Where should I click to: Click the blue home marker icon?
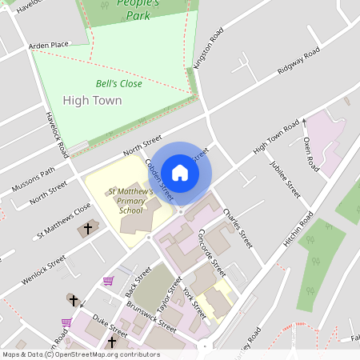coord(180,172)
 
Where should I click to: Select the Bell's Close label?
coord(118,83)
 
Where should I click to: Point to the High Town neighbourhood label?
coord(92,101)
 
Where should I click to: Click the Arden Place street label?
coord(50,46)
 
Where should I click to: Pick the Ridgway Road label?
coord(298,62)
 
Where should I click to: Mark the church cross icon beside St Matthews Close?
coord(88,230)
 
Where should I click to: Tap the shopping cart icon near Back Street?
coord(108,281)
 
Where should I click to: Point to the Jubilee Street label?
coord(284,181)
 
